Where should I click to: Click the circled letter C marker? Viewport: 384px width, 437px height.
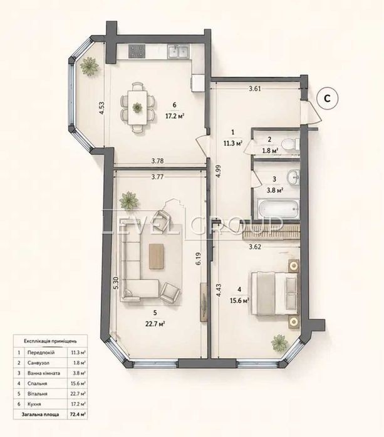pos(327,98)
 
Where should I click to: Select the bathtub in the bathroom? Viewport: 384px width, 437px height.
pos(278,209)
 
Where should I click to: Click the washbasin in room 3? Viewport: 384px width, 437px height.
pos(293,177)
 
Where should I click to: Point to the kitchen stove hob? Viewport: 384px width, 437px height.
pos(137,51)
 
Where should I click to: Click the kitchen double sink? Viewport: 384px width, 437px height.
pos(178,51)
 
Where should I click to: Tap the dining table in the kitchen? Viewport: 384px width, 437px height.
pos(137,108)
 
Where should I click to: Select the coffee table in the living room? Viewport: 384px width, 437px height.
pos(157,256)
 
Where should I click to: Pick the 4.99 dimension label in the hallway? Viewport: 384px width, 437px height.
pos(218,173)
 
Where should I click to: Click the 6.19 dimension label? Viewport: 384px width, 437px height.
pos(198,259)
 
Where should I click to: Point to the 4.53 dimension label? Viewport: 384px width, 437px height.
pos(101,108)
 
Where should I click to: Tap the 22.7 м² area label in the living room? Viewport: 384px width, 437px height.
pos(157,324)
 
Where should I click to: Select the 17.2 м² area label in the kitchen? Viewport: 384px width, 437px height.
pos(175,116)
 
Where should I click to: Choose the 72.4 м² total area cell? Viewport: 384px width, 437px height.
pos(77,414)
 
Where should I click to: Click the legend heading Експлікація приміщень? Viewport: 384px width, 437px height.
pos(50,341)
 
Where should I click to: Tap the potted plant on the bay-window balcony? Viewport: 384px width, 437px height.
pos(90,66)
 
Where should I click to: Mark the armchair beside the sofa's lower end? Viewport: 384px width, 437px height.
pos(170,293)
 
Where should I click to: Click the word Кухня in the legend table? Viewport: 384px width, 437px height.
pos(34,404)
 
